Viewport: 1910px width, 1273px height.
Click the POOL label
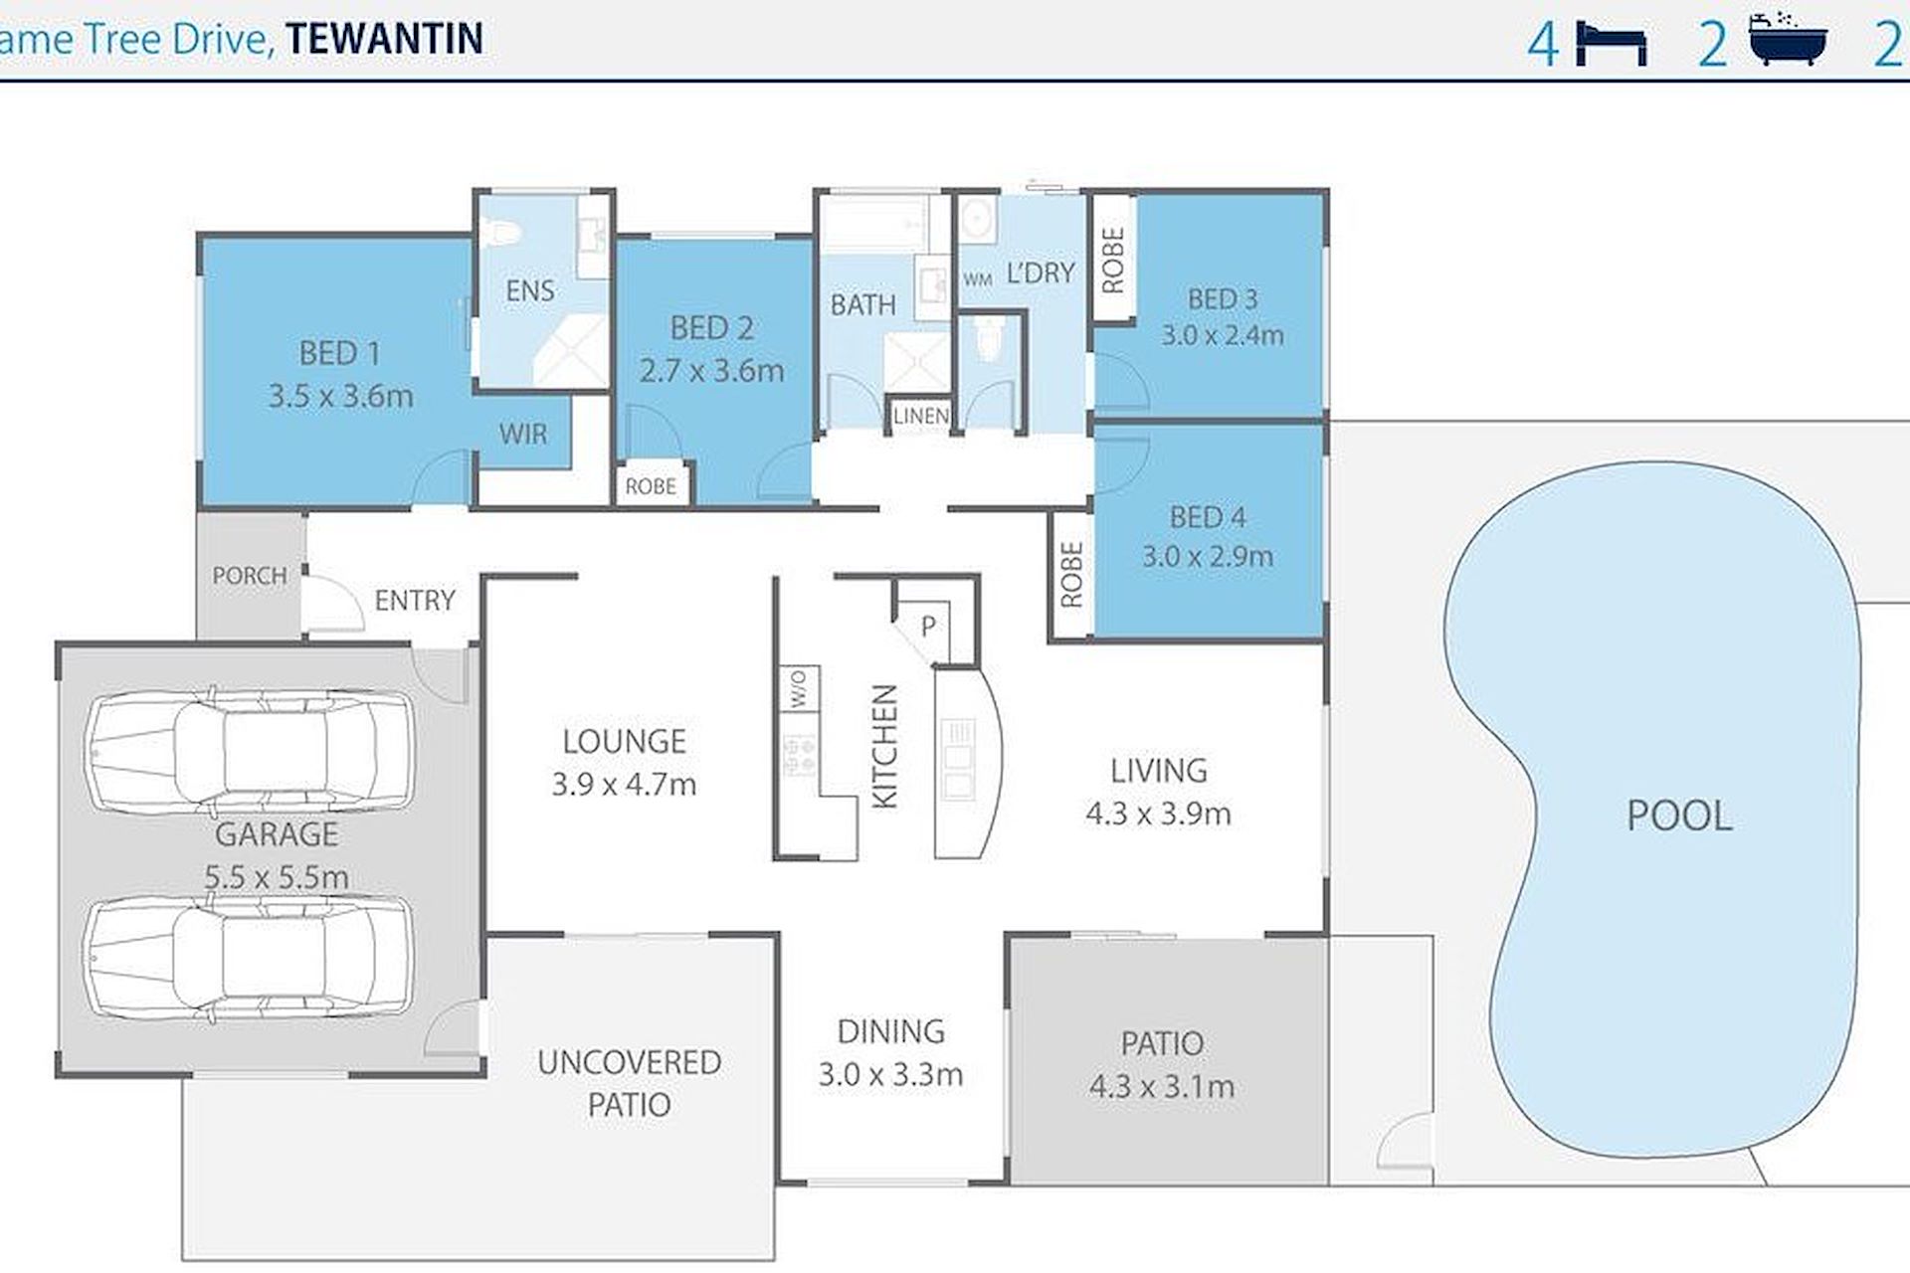pos(1679,816)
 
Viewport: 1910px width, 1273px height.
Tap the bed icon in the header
pos(1612,45)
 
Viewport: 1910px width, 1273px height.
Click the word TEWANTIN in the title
pos(385,39)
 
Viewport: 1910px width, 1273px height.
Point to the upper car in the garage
pos(250,750)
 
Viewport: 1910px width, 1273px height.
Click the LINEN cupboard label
pos(920,416)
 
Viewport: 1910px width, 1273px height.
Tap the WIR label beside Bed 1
pos(523,434)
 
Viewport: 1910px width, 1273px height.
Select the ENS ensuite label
pos(530,290)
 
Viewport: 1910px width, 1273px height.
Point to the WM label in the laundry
pos(978,280)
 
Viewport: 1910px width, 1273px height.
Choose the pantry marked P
pos(928,627)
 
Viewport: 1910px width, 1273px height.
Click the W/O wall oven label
pos(798,688)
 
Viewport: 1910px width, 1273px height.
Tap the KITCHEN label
pos(883,746)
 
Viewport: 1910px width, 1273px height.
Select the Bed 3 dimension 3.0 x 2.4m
pos(1223,335)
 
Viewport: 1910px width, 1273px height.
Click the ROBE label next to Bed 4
pos(1071,575)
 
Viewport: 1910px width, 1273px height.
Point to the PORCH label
pos(250,576)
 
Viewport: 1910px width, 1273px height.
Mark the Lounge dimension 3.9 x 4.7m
pos(624,785)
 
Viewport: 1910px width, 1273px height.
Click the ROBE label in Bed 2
pos(651,486)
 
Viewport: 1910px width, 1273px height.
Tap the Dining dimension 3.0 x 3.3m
pos(890,1075)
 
